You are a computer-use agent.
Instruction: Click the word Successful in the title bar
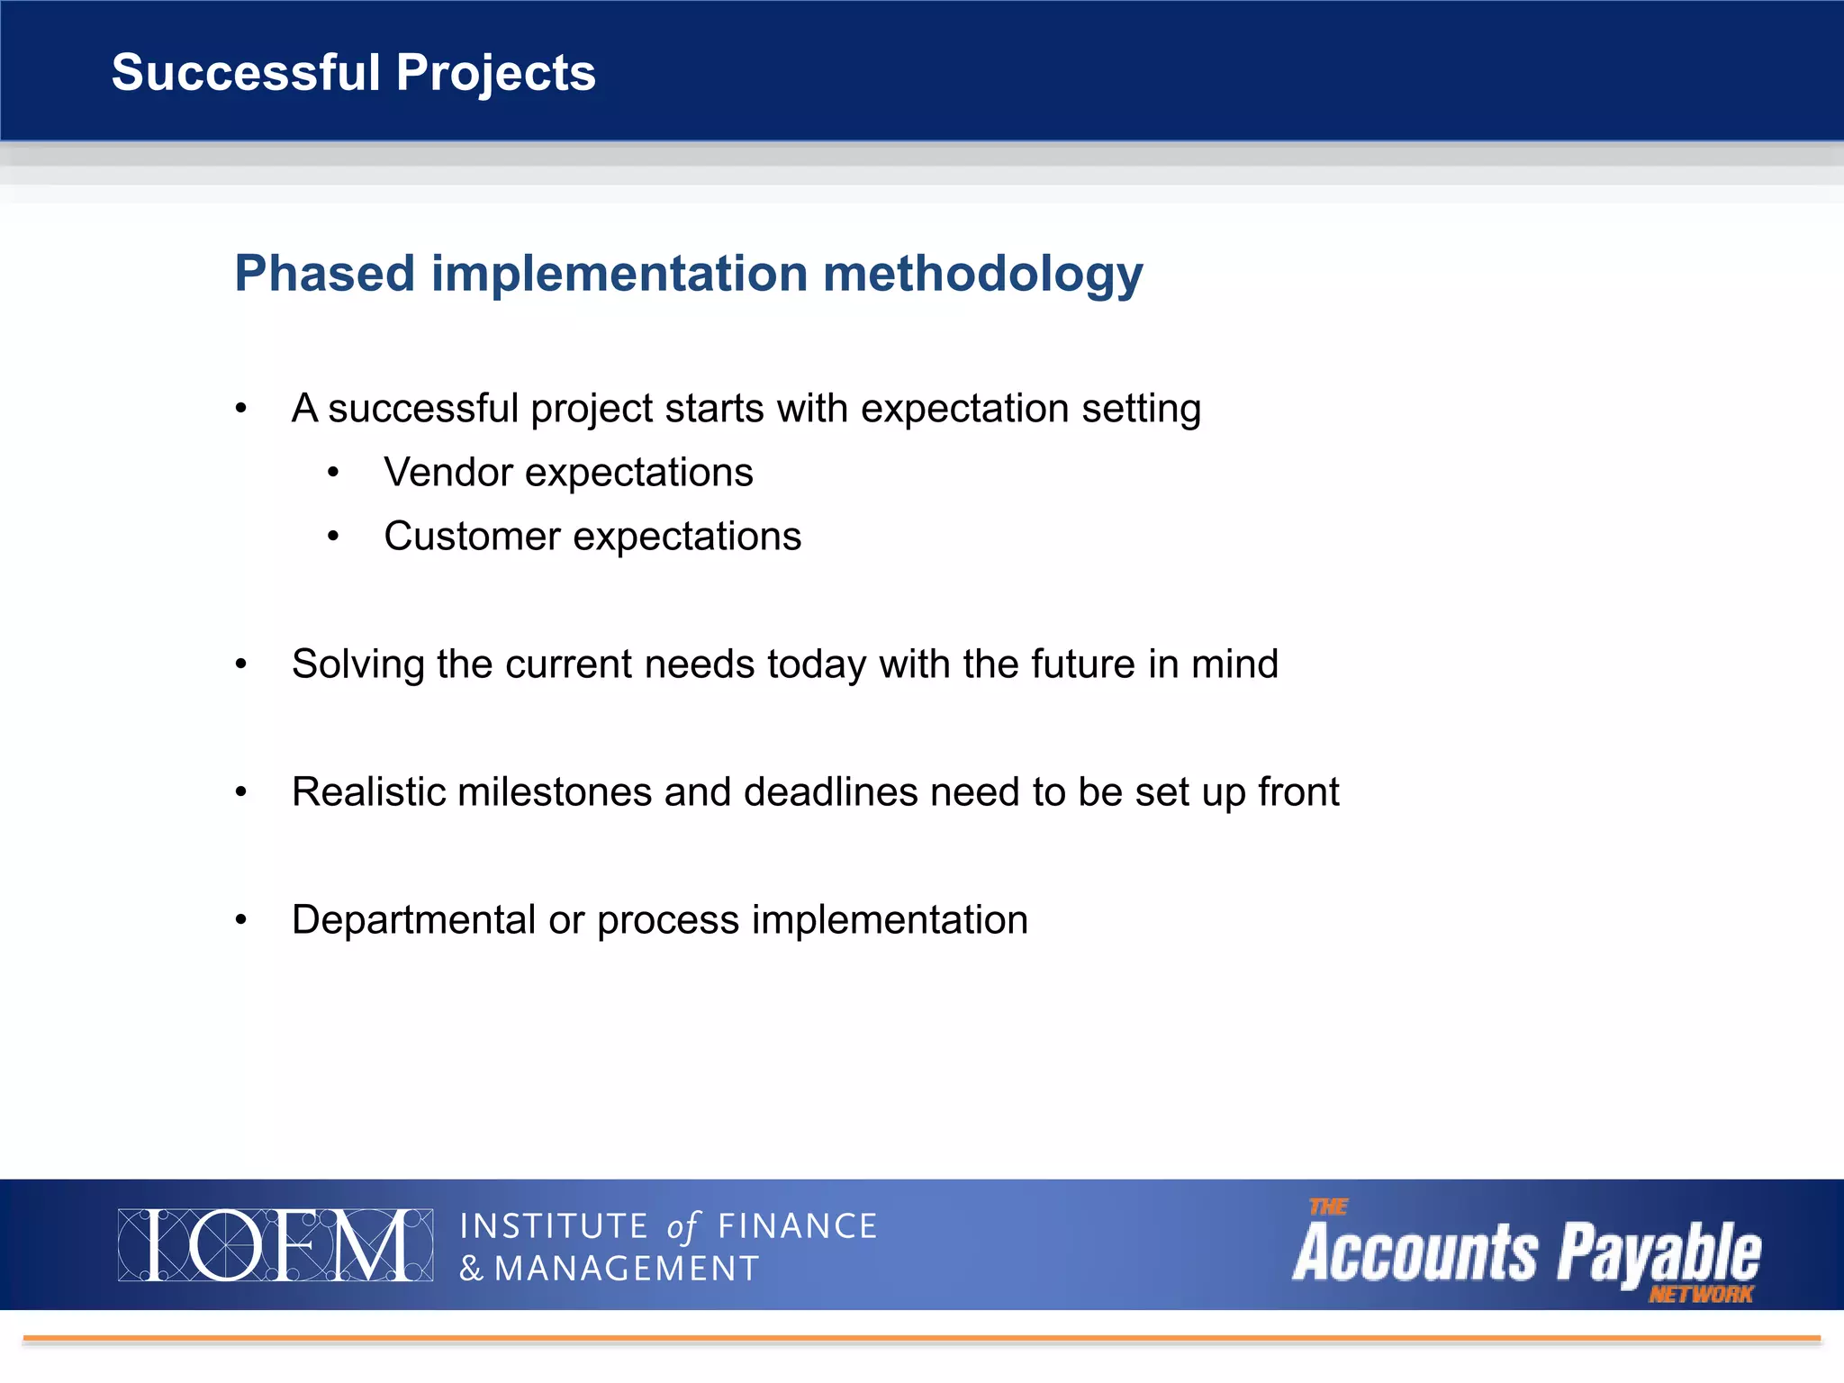[x=246, y=72]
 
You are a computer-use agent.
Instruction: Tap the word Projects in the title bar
[x=495, y=74]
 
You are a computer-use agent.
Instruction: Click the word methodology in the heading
[x=982, y=275]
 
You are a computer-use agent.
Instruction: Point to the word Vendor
[x=447, y=473]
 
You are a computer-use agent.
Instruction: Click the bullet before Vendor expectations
[x=334, y=473]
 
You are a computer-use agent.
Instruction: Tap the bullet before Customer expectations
[x=334, y=537]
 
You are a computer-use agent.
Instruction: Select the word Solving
[x=357, y=665]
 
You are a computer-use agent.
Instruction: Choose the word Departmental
[x=413, y=920]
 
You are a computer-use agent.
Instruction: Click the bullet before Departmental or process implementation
[x=240, y=920]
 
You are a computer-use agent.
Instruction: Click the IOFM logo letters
[x=275, y=1245]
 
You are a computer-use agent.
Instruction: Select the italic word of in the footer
[x=682, y=1227]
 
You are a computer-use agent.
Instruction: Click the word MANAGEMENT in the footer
[x=627, y=1269]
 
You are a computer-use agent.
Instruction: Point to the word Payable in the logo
[x=1659, y=1252]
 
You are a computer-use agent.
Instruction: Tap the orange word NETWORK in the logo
[x=1700, y=1295]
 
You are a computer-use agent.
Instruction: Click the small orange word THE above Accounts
[x=1328, y=1207]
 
